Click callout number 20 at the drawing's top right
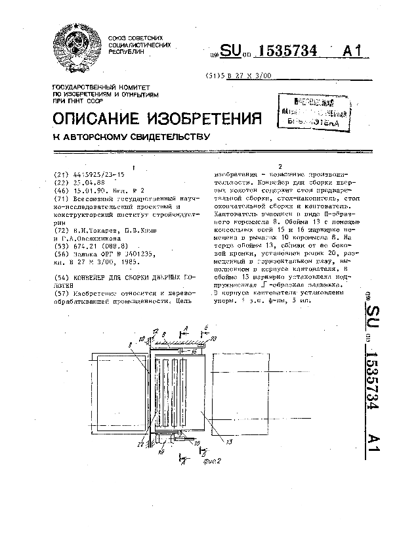click(x=213, y=338)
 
